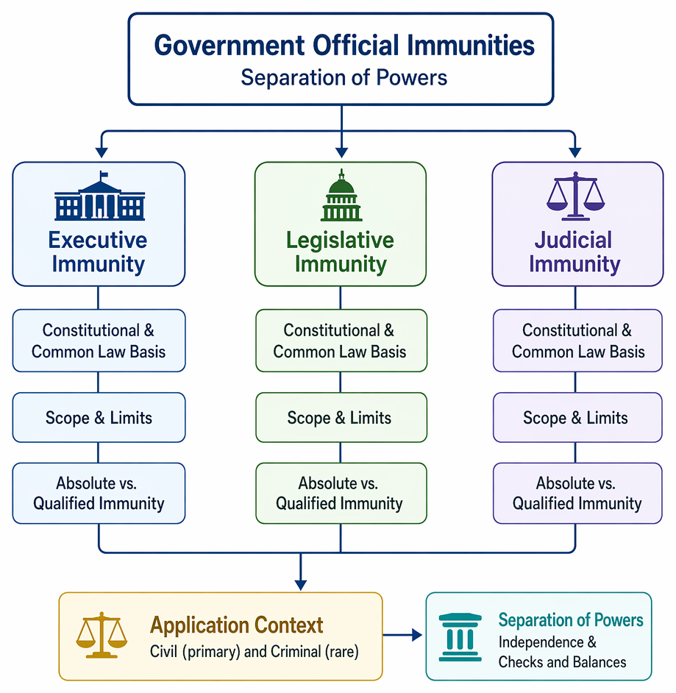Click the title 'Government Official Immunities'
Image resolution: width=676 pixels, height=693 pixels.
point(344,45)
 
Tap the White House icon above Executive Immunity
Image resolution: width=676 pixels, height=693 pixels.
point(100,196)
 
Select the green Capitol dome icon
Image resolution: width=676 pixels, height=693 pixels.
point(341,196)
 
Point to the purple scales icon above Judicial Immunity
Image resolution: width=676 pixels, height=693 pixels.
point(575,196)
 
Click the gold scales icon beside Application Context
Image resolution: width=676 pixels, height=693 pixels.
point(102,635)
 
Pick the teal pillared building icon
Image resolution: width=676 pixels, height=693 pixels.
point(460,637)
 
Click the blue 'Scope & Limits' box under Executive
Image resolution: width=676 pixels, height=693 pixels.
point(99,417)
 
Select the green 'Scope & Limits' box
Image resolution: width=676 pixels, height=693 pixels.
point(341,417)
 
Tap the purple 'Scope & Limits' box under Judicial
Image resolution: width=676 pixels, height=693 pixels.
point(577,417)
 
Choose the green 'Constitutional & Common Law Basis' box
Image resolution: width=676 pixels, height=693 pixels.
point(341,341)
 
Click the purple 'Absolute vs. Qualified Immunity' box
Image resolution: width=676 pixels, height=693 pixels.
point(577,493)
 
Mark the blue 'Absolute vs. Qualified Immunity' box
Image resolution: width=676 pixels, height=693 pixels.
point(99,493)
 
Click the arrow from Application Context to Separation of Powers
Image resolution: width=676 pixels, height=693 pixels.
point(402,635)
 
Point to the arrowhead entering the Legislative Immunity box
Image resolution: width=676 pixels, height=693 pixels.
point(341,152)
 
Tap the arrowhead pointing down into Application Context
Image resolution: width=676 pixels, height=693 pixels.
point(301,585)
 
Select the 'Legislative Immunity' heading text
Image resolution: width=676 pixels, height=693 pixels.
point(341,252)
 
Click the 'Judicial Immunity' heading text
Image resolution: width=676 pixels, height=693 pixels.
point(574,252)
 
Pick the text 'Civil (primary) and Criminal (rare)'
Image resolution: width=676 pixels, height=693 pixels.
point(254,652)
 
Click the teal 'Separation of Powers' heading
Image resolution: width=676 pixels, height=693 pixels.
point(571,619)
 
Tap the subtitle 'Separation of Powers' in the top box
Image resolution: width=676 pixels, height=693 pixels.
point(344,77)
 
